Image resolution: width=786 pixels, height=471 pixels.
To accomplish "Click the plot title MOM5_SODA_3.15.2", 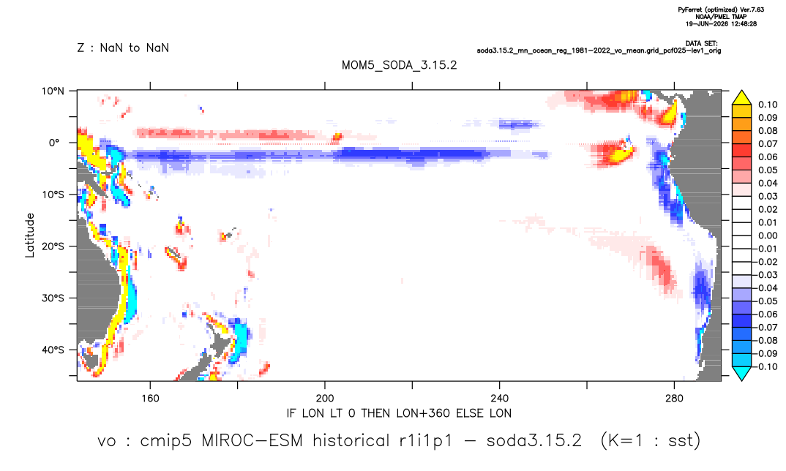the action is pos(399,66).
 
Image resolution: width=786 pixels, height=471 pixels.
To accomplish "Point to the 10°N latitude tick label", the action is pos(53,91).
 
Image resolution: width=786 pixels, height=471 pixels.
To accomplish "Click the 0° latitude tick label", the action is pos(54,143).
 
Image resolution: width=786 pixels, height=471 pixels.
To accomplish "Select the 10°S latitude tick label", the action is pos(53,195).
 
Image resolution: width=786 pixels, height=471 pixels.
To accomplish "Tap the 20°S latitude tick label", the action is pos(53,246).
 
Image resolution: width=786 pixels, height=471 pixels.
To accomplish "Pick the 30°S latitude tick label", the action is pos(53,298).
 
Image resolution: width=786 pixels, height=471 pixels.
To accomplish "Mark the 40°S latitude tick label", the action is pos(53,350).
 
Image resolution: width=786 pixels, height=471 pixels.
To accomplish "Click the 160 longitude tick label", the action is pos(150,399).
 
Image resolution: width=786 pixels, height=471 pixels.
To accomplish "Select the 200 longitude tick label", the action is pos(325,399).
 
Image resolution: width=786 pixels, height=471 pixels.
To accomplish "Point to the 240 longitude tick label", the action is pos(500,399).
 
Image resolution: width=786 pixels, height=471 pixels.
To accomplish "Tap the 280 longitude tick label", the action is pos(674,399).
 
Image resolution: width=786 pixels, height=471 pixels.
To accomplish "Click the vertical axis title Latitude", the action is pos(30,235).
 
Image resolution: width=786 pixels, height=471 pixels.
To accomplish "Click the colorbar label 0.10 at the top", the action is pos(768,105).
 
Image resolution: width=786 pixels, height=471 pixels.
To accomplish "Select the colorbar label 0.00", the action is pos(768,235).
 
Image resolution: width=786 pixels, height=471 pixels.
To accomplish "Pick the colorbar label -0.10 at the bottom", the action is pos(766,366).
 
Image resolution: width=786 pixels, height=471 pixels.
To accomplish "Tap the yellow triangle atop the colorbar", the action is pos(741,98).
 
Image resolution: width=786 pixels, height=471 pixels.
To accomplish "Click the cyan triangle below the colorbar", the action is pos(741,373).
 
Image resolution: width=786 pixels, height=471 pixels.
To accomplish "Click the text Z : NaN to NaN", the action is pos(123,48).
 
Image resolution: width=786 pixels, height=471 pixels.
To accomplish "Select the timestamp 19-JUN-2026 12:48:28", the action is pos(722,23).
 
